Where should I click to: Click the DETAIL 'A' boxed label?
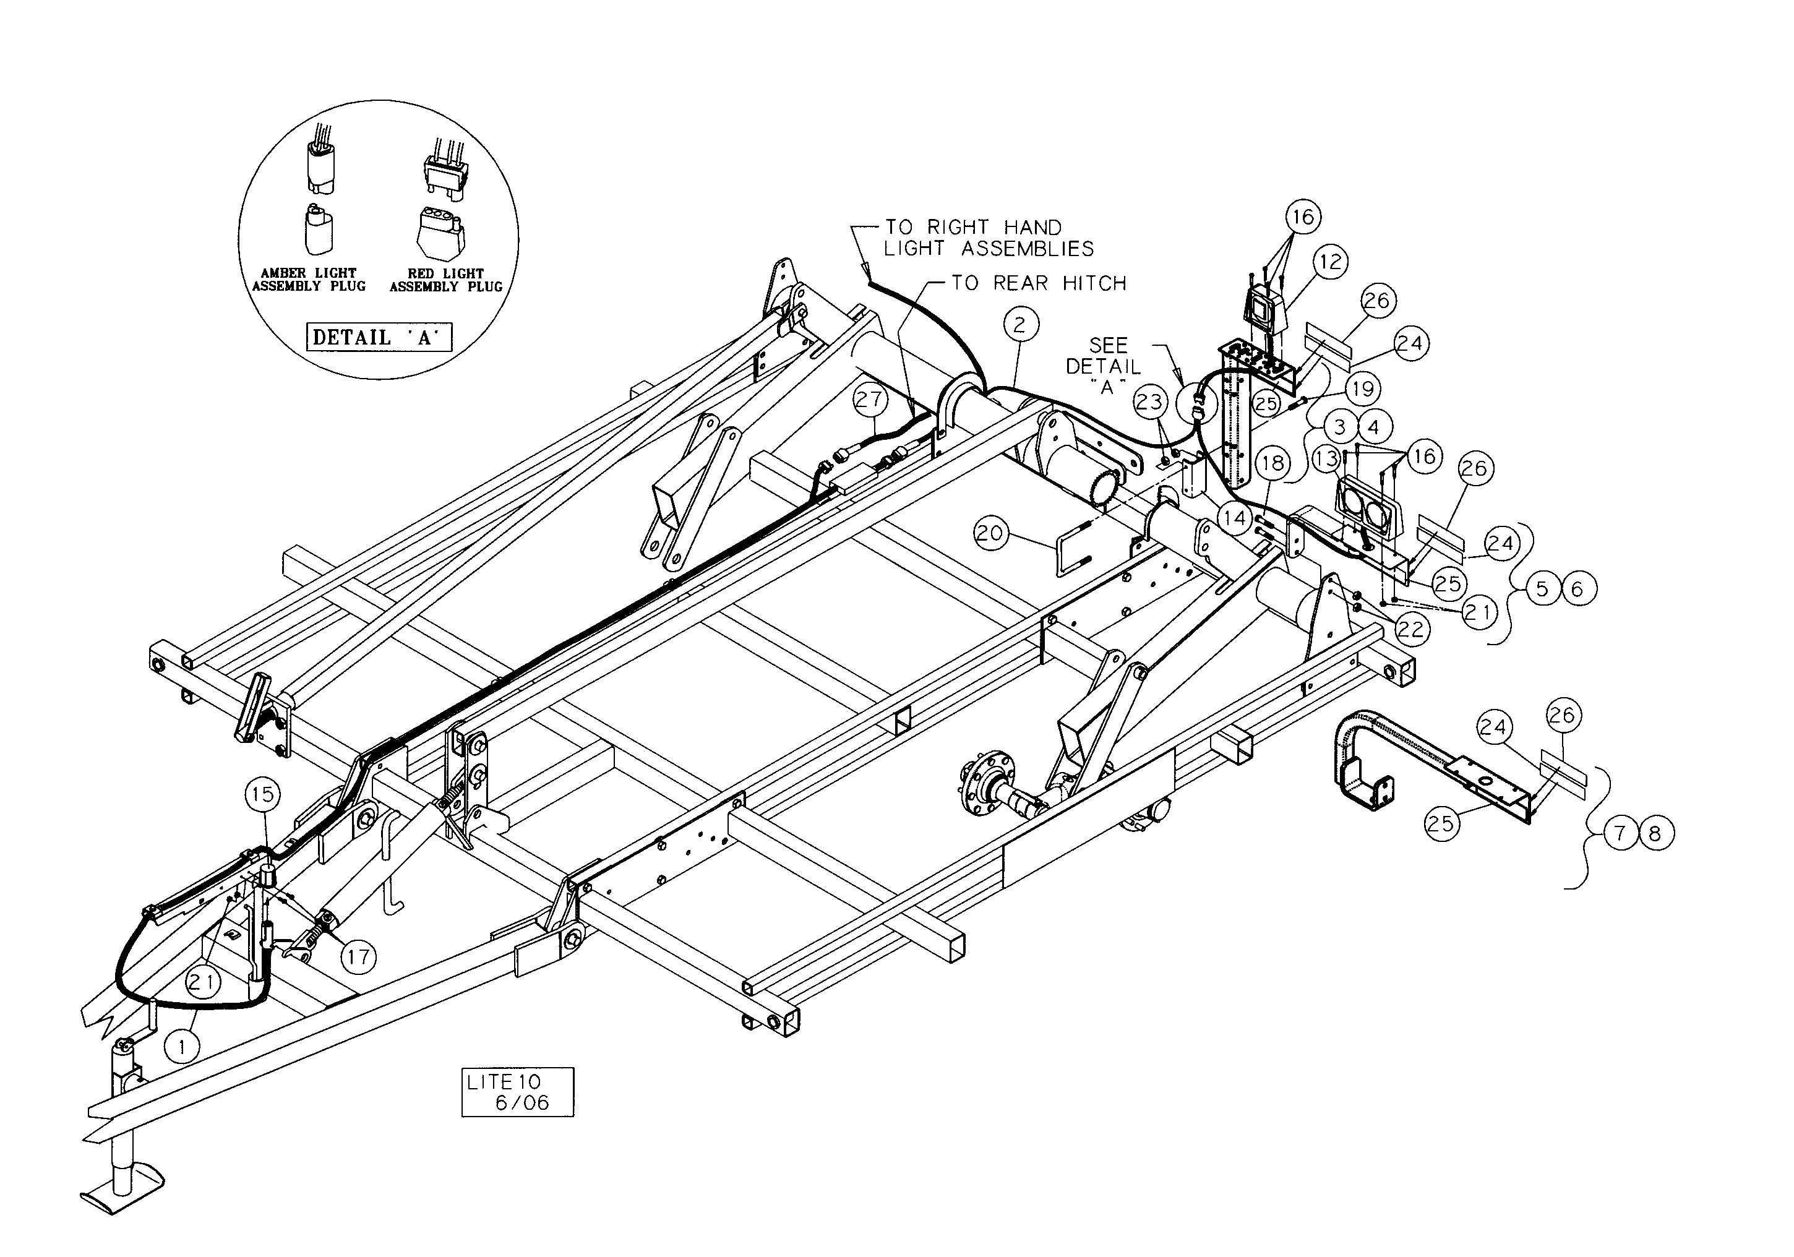pyautogui.click(x=379, y=338)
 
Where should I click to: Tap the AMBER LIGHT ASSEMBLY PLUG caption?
pyautogui.click(x=309, y=280)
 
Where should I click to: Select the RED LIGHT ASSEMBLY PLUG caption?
pyautogui.click(x=446, y=280)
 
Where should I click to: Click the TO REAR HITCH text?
pyautogui.click(x=1039, y=283)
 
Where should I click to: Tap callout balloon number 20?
pyautogui.click(x=991, y=534)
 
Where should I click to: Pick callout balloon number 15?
pyautogui.click(x=262, y=794)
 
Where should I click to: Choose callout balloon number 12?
pyautogui.click(x=1330, y=262)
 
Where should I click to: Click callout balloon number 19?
pyautogui.click(x=1363, y=388)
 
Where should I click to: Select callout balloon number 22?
pyautogui.click(x=1410, y=629)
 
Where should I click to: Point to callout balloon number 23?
pyautogui.click(x=1149, y=402)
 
